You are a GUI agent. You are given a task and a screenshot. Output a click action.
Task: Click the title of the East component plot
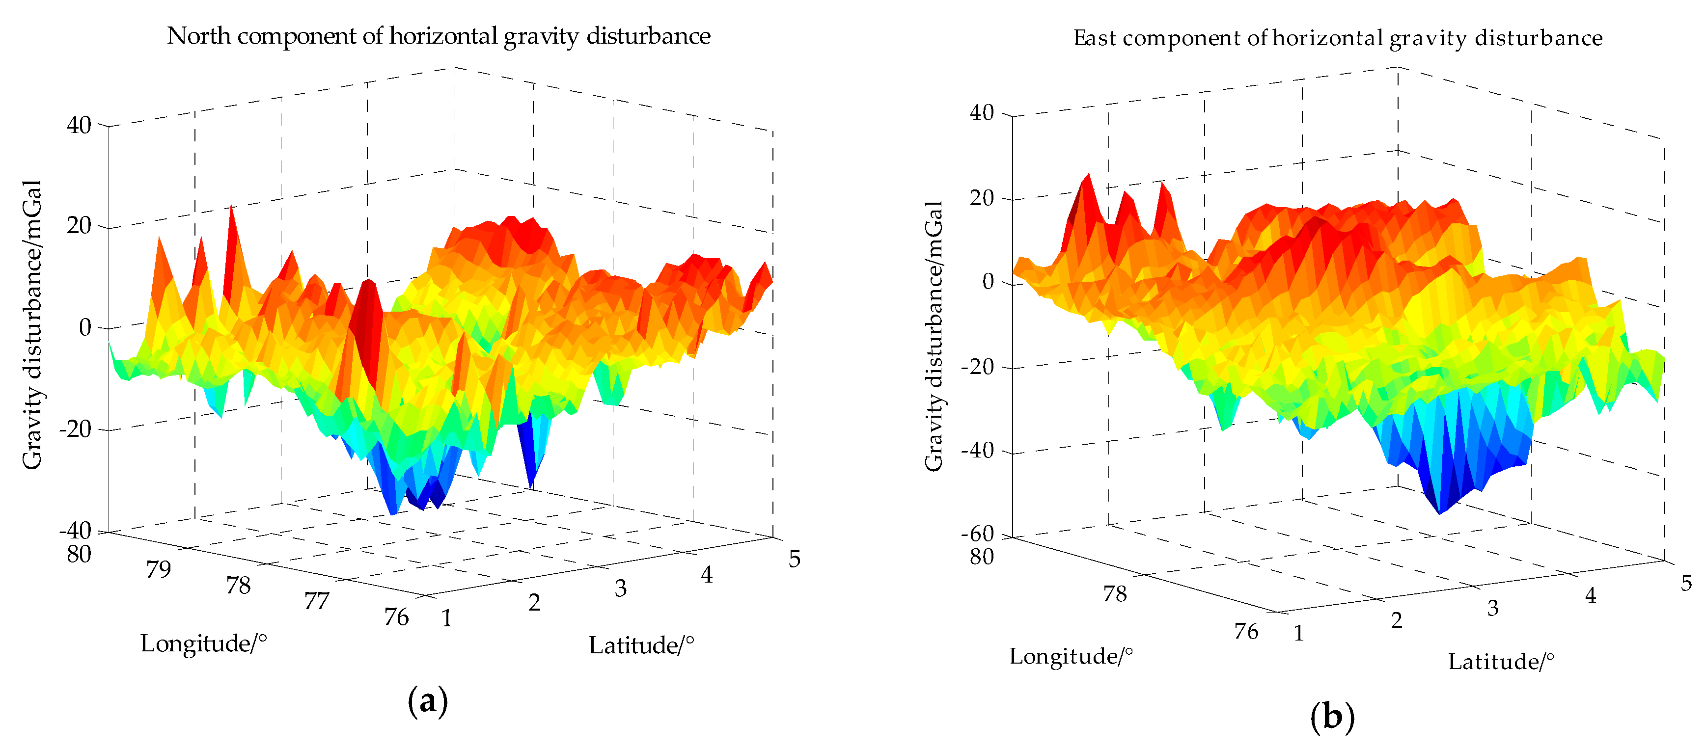(x=1337, y=38)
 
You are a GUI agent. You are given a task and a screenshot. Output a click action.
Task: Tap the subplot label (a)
(x=428, y=701)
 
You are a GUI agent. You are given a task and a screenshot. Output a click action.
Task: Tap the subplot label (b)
(x=1332, y=717)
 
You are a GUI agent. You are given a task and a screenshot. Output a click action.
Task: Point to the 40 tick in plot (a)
(x=79, y=125)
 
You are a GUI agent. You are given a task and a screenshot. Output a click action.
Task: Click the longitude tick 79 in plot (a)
(x=159, y=569)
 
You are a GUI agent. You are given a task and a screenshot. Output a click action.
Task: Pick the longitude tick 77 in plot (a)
(x=316, y=601)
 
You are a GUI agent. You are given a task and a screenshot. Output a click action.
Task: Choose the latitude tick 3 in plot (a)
(x=620, y=588)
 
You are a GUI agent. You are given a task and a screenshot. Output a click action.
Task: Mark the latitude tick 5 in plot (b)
(x=1686, y=583)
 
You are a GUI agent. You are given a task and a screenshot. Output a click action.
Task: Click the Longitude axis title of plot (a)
(x=203, y=643)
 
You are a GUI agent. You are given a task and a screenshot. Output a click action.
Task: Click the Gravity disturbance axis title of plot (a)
(x=32, y=324)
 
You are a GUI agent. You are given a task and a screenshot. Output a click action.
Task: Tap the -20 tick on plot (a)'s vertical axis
(x=75, y=429)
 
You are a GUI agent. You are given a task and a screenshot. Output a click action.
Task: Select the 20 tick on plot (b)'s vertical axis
(x=982, y=198)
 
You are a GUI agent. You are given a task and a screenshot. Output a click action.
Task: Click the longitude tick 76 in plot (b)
(x=1246, y=631)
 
